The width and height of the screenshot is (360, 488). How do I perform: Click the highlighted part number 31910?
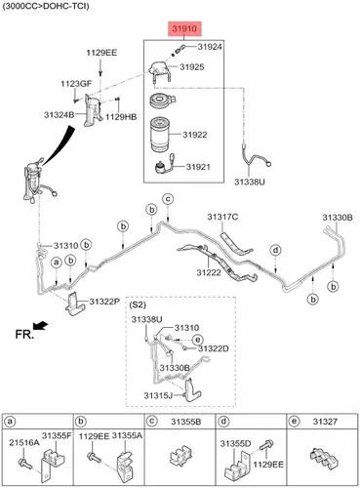(184, 28)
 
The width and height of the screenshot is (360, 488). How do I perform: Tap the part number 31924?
(210, 47)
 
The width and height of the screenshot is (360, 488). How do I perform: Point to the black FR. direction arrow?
(40, 325)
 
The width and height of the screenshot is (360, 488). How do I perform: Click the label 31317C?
(222, 217)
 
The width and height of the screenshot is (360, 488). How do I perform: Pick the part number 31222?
(209, 272)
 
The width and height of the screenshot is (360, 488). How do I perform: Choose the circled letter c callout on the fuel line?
(168, 198)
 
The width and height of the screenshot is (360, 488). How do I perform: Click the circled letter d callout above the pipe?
(276, 250)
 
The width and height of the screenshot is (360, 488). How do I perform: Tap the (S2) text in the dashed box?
(138, 305)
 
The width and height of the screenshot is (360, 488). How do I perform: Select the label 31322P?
(104, 302)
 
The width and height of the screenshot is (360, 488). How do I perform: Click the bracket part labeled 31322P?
(74, 304)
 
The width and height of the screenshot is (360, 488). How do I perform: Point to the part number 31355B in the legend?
(186, 422)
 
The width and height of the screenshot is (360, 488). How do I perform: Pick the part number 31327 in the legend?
(325, 422)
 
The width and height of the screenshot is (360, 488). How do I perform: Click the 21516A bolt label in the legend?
(24, 442)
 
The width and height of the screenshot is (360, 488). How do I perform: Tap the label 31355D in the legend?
(235, 443)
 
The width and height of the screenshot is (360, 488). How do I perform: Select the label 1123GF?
(76, 84)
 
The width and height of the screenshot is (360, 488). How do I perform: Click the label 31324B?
(60, 114)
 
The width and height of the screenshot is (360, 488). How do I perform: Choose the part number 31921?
(198, 167)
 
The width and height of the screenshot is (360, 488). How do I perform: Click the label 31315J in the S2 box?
(158, 395)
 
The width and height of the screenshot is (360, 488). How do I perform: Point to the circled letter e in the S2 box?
(197, 340)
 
